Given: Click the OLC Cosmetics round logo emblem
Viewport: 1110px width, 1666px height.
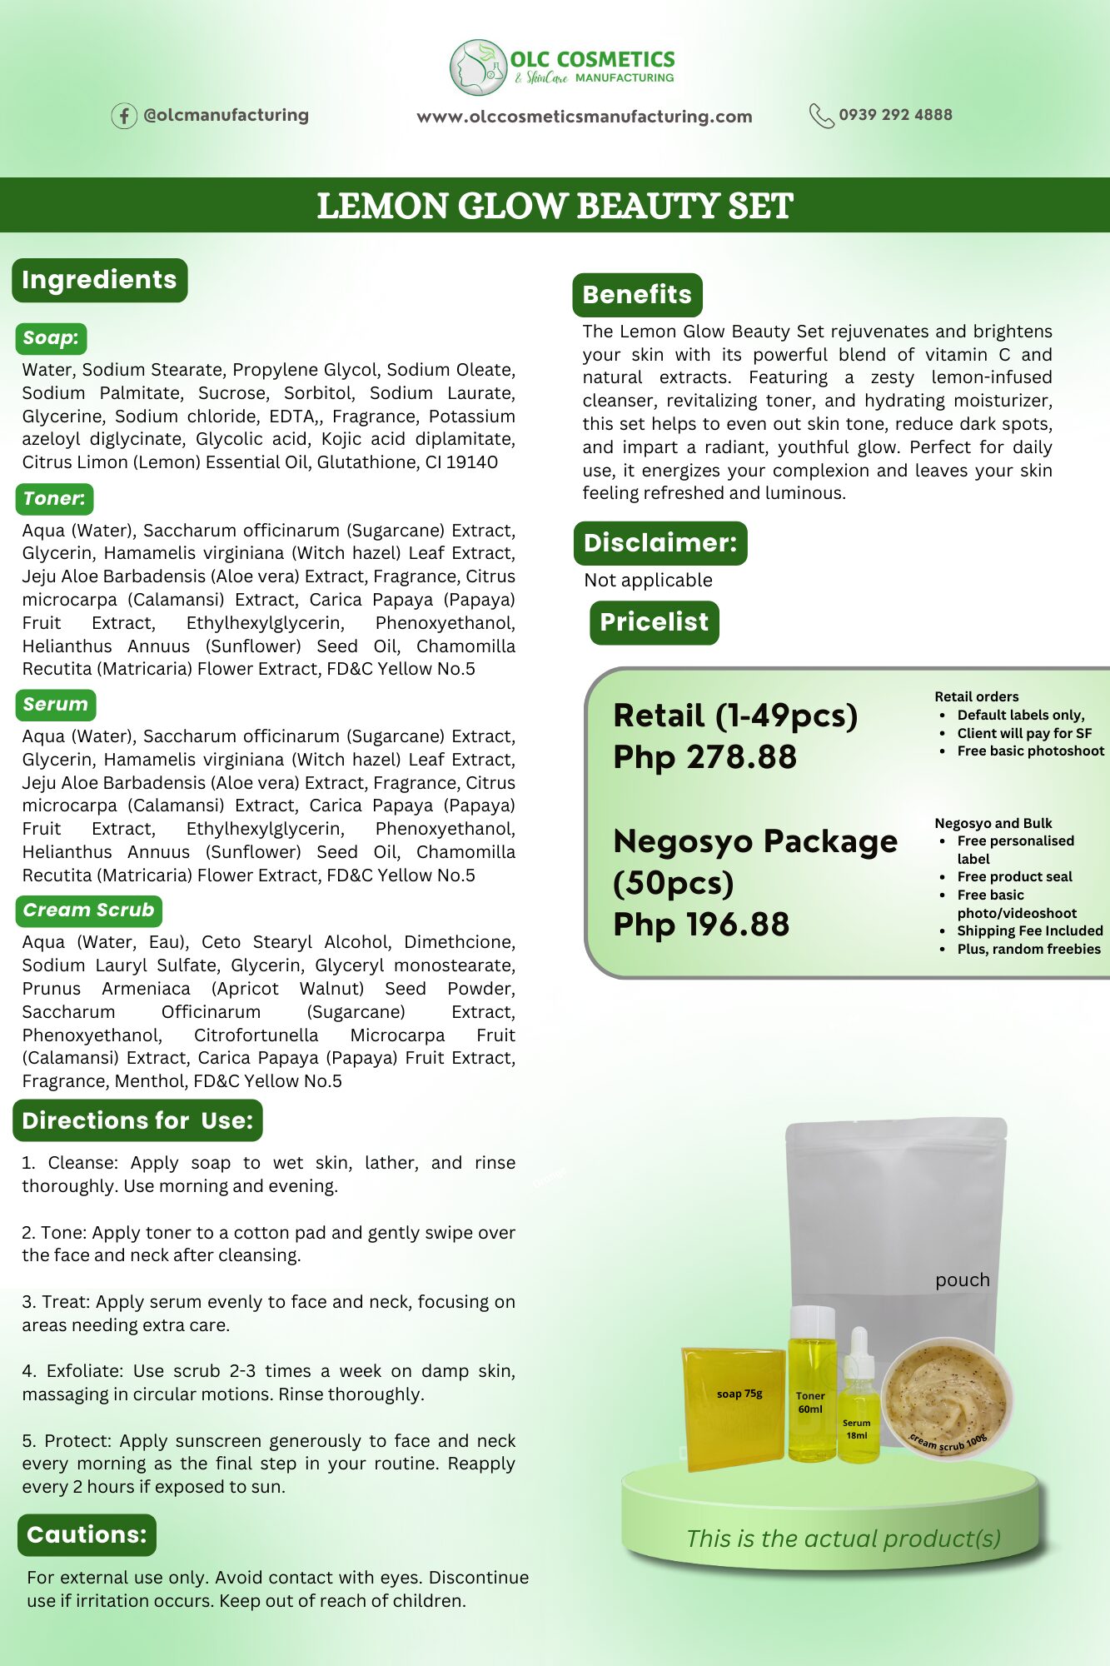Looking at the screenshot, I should pos(479,67).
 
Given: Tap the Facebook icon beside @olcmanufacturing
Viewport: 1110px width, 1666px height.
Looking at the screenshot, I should pos(124,116).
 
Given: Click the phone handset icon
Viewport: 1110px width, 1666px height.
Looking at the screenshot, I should pos(821,116).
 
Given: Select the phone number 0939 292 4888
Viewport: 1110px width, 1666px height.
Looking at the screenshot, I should pos(895,115).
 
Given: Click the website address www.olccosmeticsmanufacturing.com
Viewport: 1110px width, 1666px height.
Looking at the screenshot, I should pos(584,117).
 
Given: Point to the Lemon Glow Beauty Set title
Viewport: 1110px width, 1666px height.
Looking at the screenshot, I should pos(555,206).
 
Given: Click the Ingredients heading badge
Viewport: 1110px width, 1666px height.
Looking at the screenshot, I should pos(99,280).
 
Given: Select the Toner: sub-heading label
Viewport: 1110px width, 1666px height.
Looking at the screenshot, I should pos(54,499).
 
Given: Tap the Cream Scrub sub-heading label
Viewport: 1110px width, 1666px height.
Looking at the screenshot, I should pos(88,910).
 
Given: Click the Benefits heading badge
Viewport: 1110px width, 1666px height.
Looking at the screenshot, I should pos(637,295).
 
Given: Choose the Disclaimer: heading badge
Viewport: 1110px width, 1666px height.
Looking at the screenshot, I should pos(660,543).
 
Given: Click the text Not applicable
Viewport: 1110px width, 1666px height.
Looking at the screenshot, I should pos(648,581).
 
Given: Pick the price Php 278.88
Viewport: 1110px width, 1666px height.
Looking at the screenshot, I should pos(704,757).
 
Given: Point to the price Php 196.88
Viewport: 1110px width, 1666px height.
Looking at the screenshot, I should pos(701,925).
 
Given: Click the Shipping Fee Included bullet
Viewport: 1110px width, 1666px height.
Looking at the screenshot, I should pos(1029,930).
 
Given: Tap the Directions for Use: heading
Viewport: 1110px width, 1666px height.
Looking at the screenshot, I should pos(137,1120).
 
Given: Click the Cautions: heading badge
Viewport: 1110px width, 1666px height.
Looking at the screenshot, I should pos(87,1534).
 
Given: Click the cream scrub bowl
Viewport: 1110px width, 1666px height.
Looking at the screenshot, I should pos(946,1395).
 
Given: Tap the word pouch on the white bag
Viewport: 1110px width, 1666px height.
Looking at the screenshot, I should pos(962,1279).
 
